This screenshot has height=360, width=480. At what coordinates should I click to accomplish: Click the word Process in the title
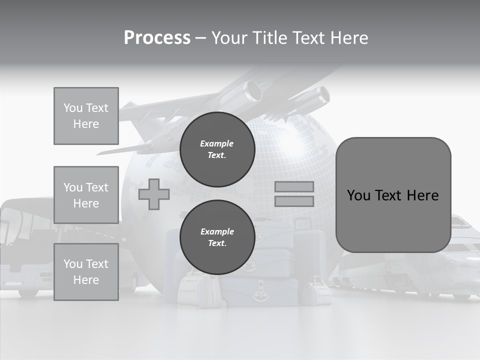[x=157, y=38]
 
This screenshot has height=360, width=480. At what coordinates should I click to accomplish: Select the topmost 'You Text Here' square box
[x=86, y=116]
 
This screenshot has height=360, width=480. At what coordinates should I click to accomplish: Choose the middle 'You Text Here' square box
[x=86, y=195]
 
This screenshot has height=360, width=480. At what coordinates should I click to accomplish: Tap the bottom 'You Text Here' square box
[x=86, y=272]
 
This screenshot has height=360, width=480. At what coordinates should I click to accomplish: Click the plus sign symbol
[x=153, y=194]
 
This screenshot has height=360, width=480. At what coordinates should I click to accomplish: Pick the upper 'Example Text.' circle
[x=217, y=149]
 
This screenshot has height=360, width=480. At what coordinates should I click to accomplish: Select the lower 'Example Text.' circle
[x=217, y=237]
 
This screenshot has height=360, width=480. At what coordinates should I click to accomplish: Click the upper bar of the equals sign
[x=294, y=187]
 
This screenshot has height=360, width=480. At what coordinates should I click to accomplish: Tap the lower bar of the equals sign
[x=294, y=201]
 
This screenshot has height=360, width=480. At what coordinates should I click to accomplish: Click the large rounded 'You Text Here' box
[x=393, y=195]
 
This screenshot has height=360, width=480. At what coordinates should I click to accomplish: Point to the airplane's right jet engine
[x=318, y=97]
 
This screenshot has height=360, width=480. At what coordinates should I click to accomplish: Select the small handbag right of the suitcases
[x=315, y=290]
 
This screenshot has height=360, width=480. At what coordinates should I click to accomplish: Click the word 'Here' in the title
[x=349, y=38]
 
